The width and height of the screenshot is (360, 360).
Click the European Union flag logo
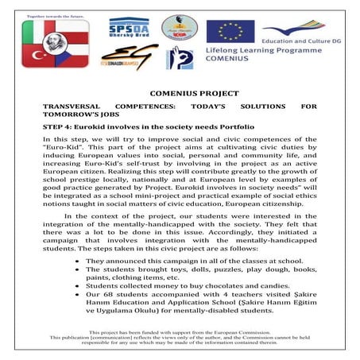pyautogui.click(x=230, y=31)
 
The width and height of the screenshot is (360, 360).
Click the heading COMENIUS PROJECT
pyautogui.click(x=179, y=93)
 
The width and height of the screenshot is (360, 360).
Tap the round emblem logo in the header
pyautogui.click(x=178, y=28)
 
